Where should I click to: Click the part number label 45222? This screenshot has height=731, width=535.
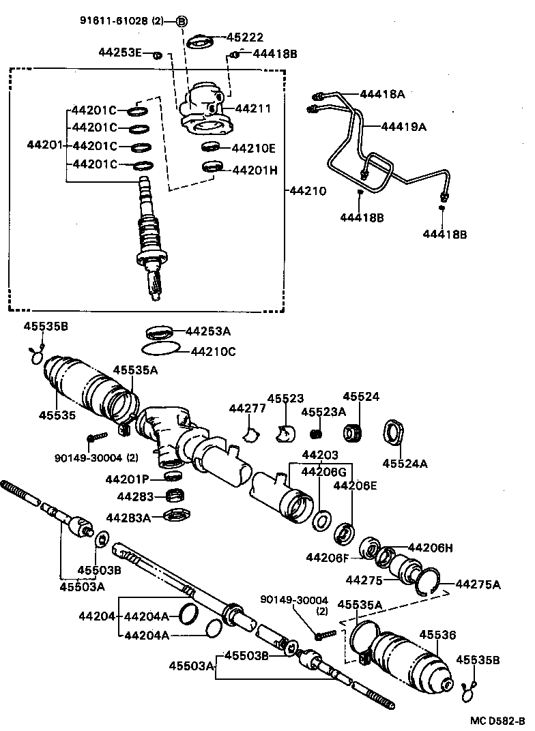click(x=245, y=38)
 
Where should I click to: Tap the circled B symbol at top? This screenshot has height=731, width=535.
click(x=181, y=21)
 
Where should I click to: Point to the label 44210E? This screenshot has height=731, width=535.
click(x=253, y=148)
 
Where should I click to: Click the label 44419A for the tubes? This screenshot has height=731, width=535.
click(x=403, y=126)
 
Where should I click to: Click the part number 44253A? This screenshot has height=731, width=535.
click(x=208, y=331)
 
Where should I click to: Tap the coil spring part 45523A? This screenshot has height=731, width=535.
click(x=316, y=433)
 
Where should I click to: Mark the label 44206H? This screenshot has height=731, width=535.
click(x=430, y=547)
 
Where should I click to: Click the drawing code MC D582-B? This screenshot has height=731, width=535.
click(x=496, y=720)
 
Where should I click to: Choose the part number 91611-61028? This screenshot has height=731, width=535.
click(x=111, y=21)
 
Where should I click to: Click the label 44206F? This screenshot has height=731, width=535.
click(x=328, y=558)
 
